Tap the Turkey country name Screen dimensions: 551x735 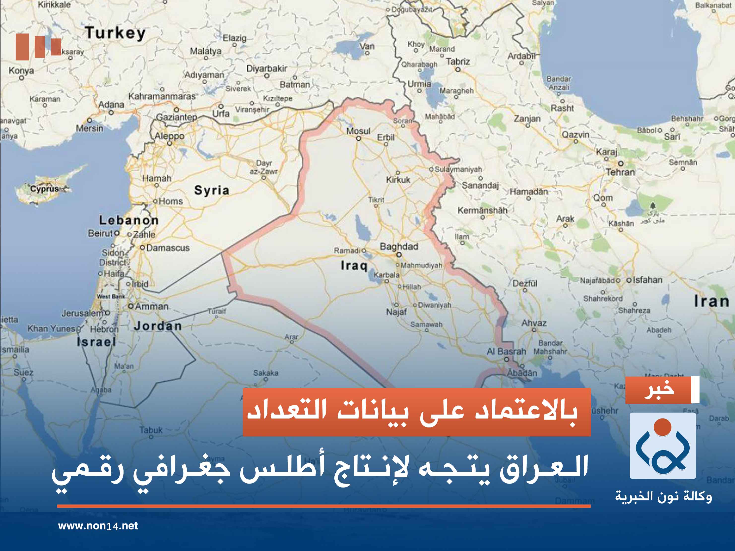pos(115,33)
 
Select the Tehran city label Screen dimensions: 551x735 pos(620,172)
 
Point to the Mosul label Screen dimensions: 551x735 pos(358,131)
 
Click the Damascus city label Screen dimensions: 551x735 pos(168,248)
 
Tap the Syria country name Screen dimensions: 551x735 pos(212,191)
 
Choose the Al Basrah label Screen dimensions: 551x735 pos(506,351)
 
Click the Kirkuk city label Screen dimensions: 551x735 pos(398,180)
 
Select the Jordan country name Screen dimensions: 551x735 pos(158,326)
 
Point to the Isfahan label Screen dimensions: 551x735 pos(647,280)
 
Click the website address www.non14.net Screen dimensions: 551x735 pos(98,526)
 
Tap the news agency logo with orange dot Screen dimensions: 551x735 pos(663,445)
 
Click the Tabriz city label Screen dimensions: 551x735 pos(458,62)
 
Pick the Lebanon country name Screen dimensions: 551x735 pos(128,220)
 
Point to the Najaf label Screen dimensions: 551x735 pos(396,312)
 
